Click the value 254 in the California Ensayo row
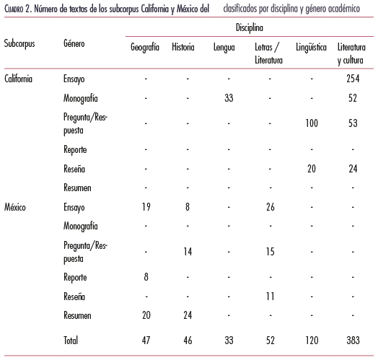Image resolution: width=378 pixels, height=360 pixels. point(353,79)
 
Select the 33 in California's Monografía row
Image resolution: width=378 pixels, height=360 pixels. point(229,98)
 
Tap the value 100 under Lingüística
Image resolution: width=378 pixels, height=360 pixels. point(312,123)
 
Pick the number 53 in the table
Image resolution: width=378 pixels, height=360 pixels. point(353,123)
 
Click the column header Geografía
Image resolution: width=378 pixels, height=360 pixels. point(145,48)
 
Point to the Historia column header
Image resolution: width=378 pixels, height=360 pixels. point(183,47)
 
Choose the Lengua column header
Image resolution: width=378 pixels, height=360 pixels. point(224,48)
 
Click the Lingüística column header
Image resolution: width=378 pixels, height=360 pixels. point(311,48)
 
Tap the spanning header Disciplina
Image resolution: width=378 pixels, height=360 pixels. point(250,27)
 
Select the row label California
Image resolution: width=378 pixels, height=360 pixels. point(18,79)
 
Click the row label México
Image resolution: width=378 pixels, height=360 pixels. point(15,207)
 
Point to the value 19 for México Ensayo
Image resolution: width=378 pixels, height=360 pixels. point(146,207)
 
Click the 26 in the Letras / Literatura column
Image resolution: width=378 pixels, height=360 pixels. point(271,207)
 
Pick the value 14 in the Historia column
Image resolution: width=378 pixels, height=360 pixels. point(188,252)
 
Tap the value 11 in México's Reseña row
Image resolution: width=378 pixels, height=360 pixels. point(271,297)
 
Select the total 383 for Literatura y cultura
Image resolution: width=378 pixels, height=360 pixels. point(353,341)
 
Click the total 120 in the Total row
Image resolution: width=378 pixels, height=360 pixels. point(312,341)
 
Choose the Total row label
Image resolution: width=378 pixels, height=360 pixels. point(71,341)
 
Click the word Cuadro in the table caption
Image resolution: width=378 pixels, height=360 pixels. point(14,9)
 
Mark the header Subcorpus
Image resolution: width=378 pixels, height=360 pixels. point(19,44)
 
